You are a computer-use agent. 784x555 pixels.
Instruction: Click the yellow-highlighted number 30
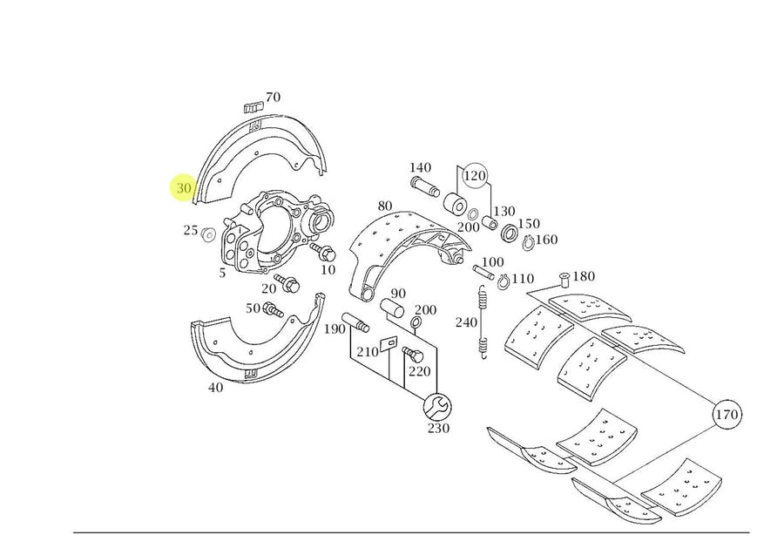184,188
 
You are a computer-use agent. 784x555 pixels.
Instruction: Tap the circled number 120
475,177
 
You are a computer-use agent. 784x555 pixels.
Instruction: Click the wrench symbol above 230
436,405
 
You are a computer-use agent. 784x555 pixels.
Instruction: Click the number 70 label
273,98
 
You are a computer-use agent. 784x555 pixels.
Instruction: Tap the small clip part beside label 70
252,107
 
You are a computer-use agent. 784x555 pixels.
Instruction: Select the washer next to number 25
209,234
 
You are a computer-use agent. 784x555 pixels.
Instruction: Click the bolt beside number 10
326,254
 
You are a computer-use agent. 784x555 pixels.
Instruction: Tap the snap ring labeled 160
527,243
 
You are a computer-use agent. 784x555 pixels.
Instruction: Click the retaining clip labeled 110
503,281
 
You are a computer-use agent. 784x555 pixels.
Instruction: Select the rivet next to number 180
562,279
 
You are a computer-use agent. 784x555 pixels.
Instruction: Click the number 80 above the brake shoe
385,207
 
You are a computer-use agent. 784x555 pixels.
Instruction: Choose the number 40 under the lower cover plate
215,387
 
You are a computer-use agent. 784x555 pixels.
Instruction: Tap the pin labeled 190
357,323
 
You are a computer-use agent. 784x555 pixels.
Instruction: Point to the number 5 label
222,273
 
